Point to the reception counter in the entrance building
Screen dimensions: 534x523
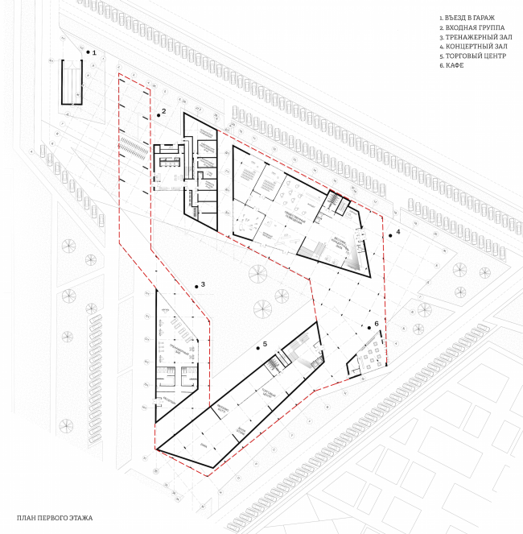click(170, 160)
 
